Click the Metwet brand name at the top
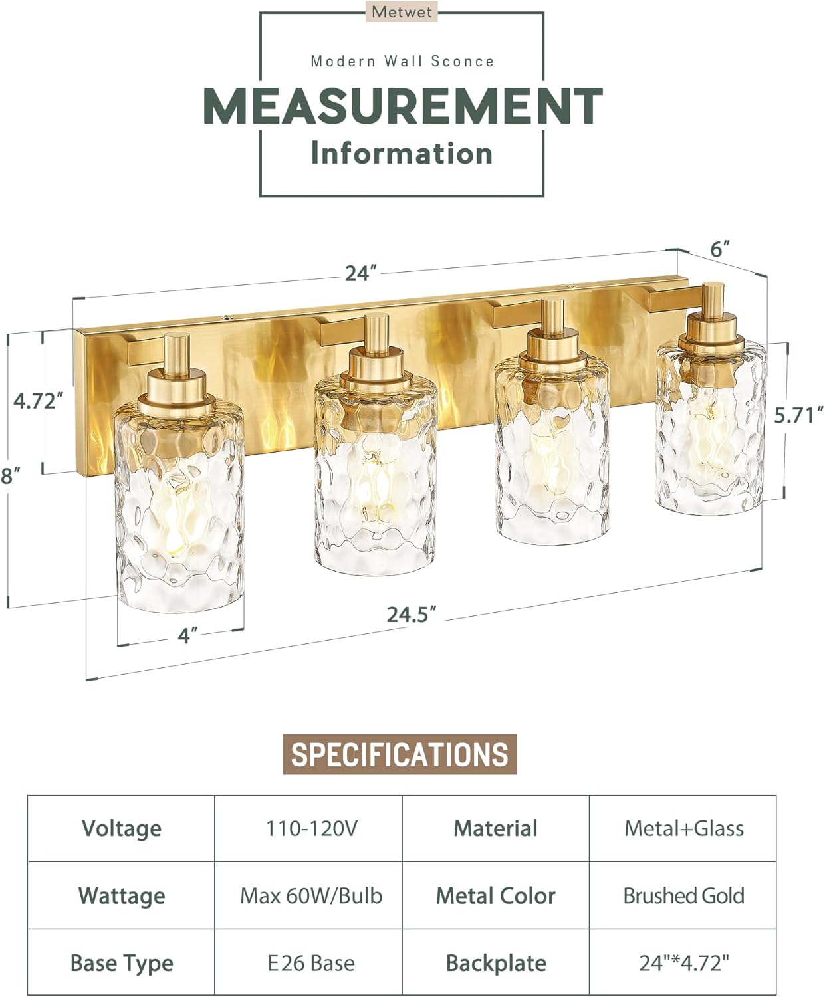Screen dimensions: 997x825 point(402,12)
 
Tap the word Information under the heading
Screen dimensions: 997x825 point(402,154)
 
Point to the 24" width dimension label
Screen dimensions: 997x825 point(361,273)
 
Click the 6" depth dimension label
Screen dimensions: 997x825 point(720,249)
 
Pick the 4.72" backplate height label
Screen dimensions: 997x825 point(39,401)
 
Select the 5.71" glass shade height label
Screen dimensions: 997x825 point(798,415)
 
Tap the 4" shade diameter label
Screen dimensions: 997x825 point(188,636)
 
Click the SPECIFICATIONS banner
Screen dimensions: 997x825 point(400,754)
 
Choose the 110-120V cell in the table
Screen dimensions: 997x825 point(311,828)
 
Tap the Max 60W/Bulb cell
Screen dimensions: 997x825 point(311,896)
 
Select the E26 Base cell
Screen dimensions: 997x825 point(311,963)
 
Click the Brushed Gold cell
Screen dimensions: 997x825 point(683,896)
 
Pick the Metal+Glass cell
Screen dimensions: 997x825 point(683,828)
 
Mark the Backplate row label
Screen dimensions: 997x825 point(496,963)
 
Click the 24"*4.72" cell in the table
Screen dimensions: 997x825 point(683,963)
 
